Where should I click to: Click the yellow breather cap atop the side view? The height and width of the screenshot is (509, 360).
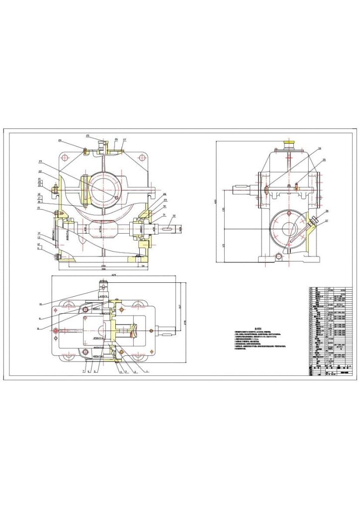coord(288,144)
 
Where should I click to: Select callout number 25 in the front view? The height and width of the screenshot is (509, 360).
coord(88,136)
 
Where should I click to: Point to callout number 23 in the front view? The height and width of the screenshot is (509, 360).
coord(40,162)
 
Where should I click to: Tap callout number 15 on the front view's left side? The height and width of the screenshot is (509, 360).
coord(39,208)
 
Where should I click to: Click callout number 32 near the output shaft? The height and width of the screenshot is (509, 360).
coord(174,216)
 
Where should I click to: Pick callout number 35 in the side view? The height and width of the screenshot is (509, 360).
coord(324,160)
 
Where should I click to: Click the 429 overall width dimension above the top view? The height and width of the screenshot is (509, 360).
coord(114,275)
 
